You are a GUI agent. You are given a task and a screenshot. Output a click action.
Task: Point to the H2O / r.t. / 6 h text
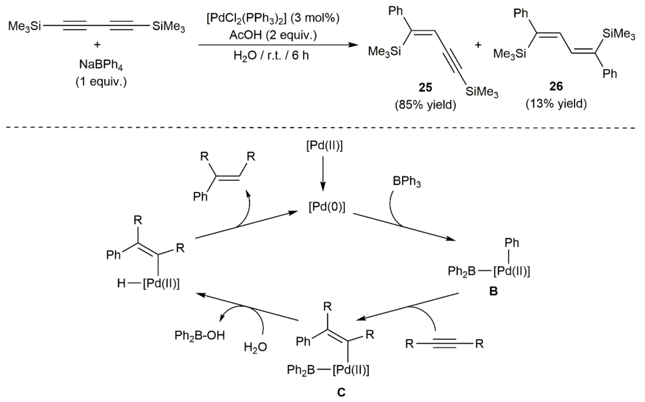point(271,56)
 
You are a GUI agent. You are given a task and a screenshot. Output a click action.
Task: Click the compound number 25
point(425,87)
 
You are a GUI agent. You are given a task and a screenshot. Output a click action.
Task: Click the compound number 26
point(556,86)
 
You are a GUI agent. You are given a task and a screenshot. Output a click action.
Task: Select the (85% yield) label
point(425,105)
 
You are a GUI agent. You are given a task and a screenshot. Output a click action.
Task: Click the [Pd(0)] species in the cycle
point(327,207)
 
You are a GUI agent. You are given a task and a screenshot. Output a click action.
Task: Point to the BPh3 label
point(407,182)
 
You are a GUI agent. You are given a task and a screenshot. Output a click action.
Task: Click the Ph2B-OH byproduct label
point(200,335)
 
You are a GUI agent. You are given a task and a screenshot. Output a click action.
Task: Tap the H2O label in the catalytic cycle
point(255,347)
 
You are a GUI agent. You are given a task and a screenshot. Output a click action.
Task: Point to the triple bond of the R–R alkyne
point(444,344)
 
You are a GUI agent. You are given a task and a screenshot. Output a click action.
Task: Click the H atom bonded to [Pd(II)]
point(121,283)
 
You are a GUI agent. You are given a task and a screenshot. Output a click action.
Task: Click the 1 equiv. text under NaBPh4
point(101,82)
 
